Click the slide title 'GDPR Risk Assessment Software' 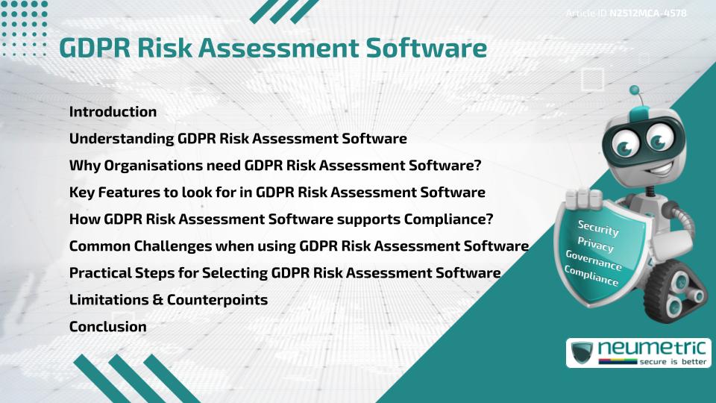[x=273, y=48]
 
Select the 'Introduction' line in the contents [x=113, y=112]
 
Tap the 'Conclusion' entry [x=107, y=326]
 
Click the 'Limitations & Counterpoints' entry [x=168, y=299]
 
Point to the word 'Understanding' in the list [x=121, y=139]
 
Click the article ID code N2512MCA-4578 [x=647, y=13]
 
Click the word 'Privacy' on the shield [x=595, y=246]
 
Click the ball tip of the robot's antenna [x=635, y=90]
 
